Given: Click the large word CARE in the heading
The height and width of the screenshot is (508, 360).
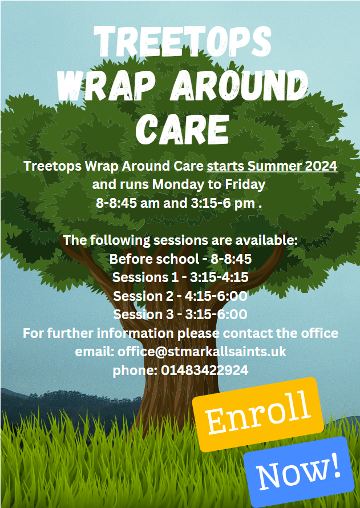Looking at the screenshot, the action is (x=183, y=128).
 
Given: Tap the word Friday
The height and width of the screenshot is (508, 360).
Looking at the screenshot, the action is (x=245, y=185).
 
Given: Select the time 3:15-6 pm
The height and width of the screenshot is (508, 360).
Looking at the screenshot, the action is (x=223, y=203).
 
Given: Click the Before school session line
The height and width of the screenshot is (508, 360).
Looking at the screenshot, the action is (x=180, y=259).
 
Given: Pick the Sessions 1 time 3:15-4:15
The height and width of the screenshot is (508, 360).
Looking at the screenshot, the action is (x=219, y=277).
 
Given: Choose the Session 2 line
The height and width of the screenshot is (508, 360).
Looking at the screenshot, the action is (x=180, y=296).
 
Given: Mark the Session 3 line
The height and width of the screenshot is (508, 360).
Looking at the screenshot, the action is (x=180, y=315).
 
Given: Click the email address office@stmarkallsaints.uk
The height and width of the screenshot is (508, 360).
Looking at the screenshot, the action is (x=202, y=352).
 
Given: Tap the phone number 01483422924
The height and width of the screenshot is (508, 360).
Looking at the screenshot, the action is (x=205, y=370).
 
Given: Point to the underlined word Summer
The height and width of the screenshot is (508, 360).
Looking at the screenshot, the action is (x=273, y=166).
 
